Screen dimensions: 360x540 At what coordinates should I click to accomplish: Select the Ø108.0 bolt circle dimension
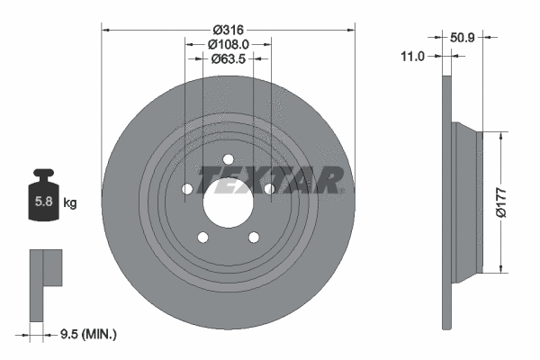[228, 44]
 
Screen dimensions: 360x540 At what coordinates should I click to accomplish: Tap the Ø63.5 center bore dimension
[228, 60]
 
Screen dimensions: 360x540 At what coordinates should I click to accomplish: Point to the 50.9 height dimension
[461, 38]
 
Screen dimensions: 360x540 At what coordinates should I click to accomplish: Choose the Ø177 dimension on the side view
[515, 201]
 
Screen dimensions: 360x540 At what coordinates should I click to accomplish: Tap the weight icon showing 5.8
[42, 200]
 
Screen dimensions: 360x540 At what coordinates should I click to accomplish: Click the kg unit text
[69, 204]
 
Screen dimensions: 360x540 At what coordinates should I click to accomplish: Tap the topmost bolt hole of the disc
[229, 162]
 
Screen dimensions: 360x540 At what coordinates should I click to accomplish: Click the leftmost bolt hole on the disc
[187, 189]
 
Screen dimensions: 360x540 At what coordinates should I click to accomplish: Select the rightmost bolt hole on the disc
[269, 189]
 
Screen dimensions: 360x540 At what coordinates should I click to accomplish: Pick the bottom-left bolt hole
[203, 238]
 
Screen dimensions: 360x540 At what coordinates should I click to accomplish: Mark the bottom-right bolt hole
[253, 238]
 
